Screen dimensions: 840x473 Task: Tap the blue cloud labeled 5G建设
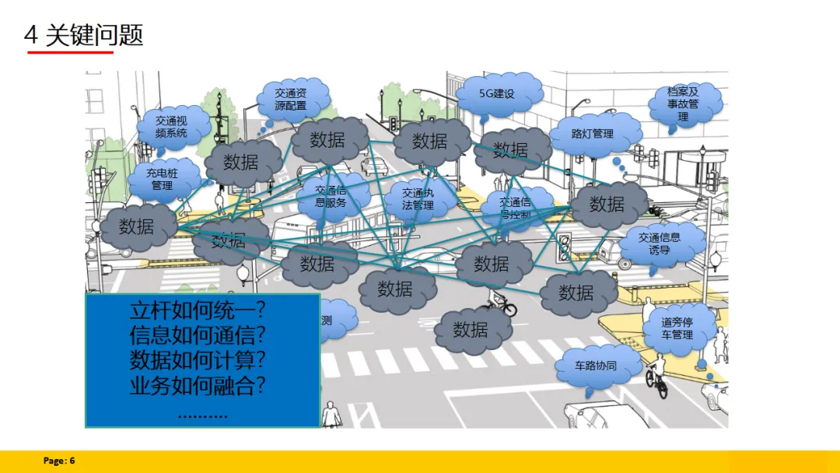(x=498, y=94)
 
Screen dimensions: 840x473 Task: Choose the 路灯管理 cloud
(x=593, y=134)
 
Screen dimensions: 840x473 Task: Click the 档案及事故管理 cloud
(x=682, y=103)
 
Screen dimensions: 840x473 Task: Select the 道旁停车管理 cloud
(x=676, y=329)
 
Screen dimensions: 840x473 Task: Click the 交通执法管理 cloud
(x=418, y=199)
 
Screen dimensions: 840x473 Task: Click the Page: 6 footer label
(x=59, y=461)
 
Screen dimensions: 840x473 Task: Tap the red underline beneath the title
(x=70, y=53)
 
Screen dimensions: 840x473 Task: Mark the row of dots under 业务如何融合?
(x=202, y=413)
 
